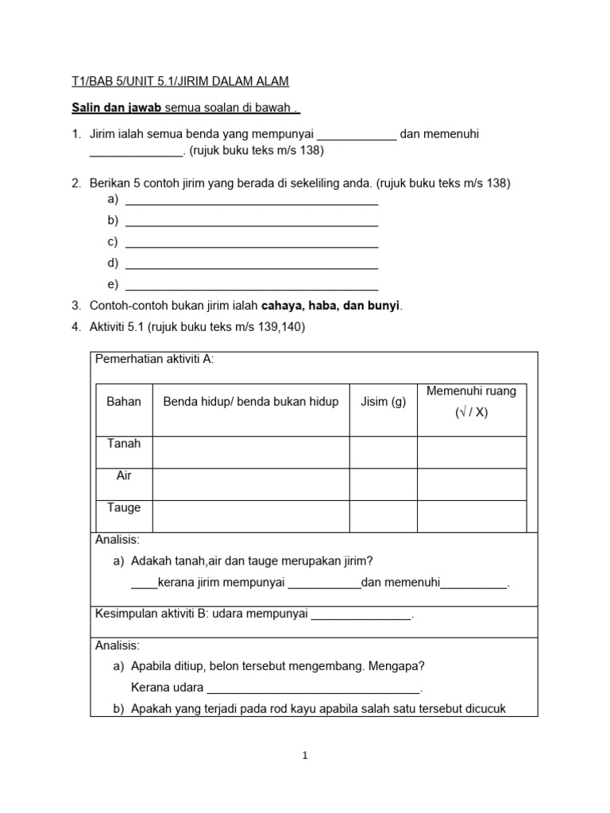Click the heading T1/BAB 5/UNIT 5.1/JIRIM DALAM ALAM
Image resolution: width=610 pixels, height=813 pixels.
point(176,81)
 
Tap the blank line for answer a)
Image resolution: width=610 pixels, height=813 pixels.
point(252,199)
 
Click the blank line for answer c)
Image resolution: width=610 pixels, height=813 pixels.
point(252,242)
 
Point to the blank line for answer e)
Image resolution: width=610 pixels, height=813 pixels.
point(252,285)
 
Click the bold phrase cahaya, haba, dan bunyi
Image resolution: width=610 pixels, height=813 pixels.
point(331,306)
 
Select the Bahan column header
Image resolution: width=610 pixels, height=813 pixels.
point(124,402)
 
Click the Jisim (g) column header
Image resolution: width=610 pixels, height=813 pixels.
point(383,402)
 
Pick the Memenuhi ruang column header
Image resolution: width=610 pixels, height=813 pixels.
point(471,402)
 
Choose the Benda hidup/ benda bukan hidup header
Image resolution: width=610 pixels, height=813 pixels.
point(251,402)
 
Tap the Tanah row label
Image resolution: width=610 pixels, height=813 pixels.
point(124,444)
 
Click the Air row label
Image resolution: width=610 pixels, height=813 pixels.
point(124,476)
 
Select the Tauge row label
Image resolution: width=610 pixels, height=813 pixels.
point(124,508)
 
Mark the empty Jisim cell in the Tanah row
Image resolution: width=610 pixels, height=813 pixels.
point(383,452)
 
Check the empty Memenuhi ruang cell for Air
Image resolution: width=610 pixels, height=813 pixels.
point(471,484)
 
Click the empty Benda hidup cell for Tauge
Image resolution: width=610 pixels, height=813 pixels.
point(251,515)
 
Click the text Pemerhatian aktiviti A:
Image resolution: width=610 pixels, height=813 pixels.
point(154,360)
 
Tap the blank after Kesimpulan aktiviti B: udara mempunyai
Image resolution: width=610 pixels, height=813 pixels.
point(361,615)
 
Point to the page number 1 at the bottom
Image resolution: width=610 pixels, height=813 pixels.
point(304,757)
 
